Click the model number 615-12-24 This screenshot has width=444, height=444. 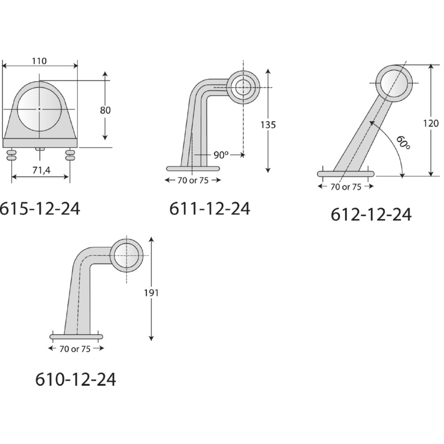click(39, 209)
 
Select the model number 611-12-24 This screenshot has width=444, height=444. click(210, 209)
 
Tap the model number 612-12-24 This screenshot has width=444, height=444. click(371, 215)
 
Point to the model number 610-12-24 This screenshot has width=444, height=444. click(75, 380)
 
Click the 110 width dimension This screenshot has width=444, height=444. click(39, 61)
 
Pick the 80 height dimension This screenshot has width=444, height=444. click(105, 110)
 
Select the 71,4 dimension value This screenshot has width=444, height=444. click(41, 170)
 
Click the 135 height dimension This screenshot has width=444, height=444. click(268, 124)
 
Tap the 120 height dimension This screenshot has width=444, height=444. click(431, 123)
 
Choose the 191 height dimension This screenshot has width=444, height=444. click(151, 293)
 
